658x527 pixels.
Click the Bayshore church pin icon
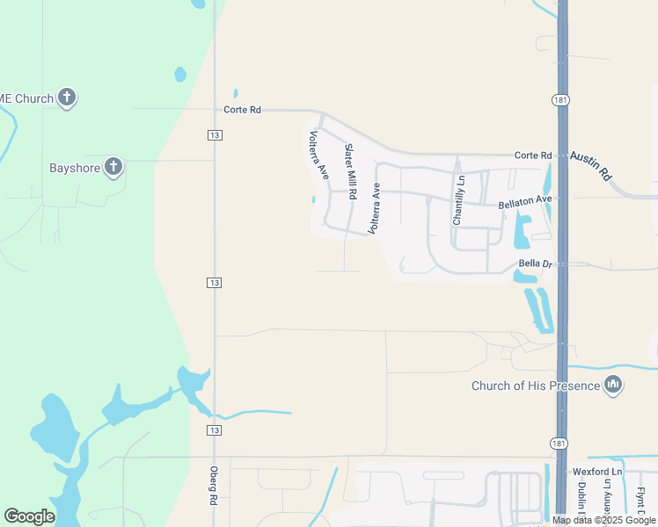point(113,166)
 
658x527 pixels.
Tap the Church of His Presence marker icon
point(614,385)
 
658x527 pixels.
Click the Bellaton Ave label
point(524,202)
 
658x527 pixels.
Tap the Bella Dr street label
point(535,263)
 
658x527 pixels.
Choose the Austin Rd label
point(590,164)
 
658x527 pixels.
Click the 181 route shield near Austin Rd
point(560,101)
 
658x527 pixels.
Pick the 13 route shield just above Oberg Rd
point(215,430)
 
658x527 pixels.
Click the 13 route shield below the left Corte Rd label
point(215,134)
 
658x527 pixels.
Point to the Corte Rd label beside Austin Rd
point(533,155)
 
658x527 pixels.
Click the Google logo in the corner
point(29,516)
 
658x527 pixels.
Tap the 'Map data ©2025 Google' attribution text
point(604,520)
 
